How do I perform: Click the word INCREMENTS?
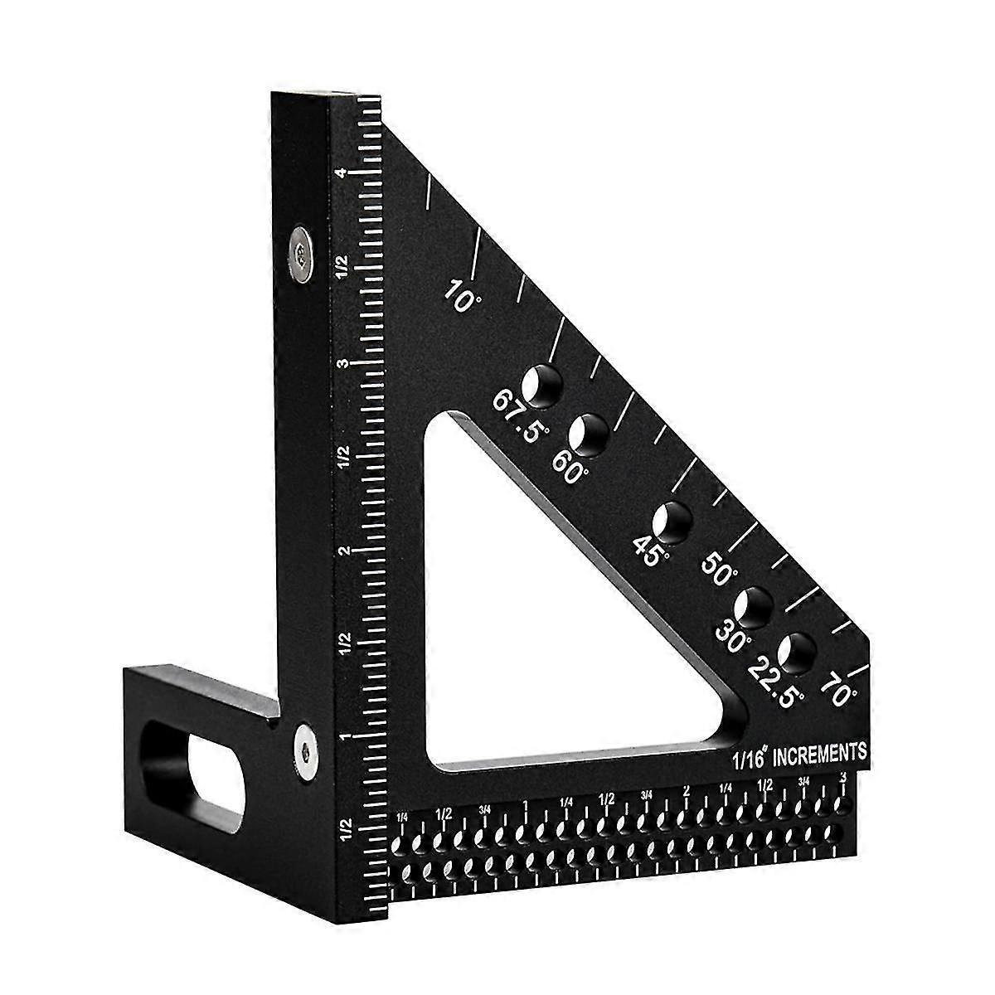tap(821, 753)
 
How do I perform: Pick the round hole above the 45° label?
tap(672, 522)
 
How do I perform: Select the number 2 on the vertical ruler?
tap(341, 550)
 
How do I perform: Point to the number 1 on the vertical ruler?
tap(342, 736)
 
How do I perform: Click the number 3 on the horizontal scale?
tap(843, 777)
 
